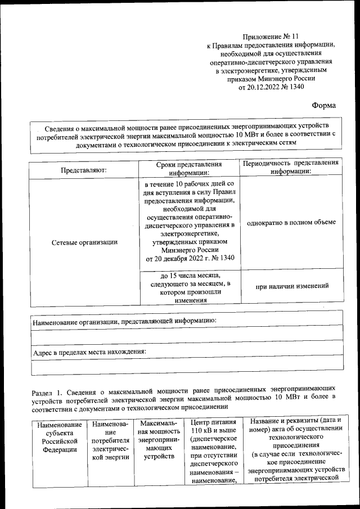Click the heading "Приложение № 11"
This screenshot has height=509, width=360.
[x=272, y=35]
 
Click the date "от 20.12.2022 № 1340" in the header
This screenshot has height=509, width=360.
[x=272, y=87]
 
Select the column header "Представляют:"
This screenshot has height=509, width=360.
[x=84, y=169]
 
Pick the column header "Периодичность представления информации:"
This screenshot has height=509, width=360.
[x=290, y=167]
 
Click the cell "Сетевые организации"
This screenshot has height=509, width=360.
[x=84, y=242]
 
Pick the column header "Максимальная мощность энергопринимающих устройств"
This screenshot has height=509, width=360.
[x=159, y=439]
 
